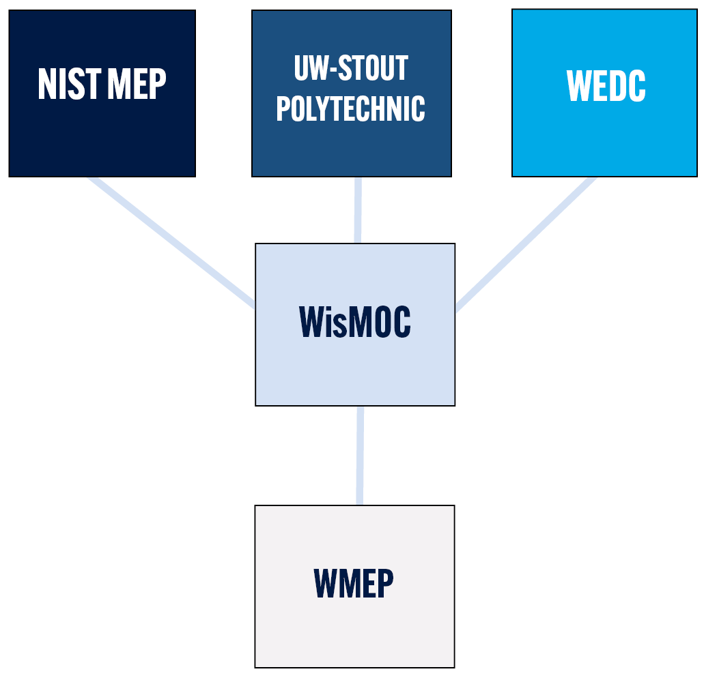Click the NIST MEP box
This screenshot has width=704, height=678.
click(102, 93)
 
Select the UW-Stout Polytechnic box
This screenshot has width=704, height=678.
click(352, 93)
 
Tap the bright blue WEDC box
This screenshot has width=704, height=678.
click(604, 93)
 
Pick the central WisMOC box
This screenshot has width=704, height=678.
click(355, 325)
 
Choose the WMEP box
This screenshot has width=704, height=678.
click(354, 587)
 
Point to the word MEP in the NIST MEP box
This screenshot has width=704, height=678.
click(137, 84)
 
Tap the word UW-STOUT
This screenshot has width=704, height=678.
click(351, 68)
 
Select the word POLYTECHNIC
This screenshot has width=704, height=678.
click(351, 108)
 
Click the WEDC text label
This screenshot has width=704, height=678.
click(606, 86)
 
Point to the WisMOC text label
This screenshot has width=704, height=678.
click(354, 321)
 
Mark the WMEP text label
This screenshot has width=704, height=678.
click(354, 583)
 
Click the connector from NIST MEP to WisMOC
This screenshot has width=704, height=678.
click(172, 243)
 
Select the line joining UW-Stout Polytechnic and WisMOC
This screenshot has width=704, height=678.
click(358, 210)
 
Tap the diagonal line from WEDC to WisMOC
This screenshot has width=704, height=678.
click(526, 244)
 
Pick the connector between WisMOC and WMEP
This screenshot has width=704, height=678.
click(360, 456)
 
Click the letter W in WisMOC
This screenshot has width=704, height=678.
click(311, 321)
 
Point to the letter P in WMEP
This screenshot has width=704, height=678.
click(385, 583)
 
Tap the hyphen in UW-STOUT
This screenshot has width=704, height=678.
click(333, 69)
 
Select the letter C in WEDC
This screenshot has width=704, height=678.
click(636, 86)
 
